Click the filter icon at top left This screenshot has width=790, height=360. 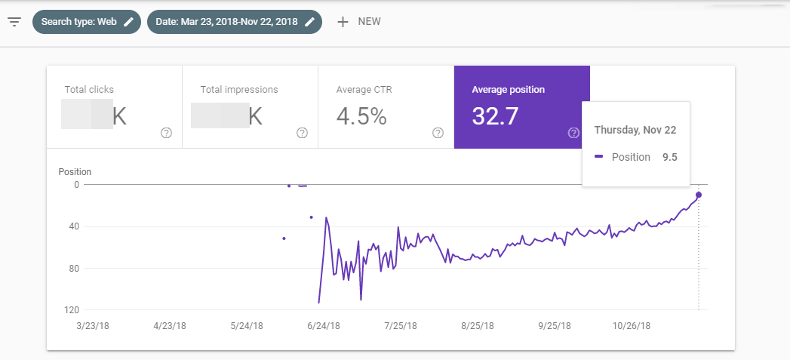14,21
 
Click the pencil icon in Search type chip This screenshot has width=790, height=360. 129,22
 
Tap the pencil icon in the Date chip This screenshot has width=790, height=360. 309,22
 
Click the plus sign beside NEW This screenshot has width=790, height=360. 343,22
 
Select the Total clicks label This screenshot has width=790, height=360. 89,90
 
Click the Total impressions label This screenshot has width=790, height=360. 238,90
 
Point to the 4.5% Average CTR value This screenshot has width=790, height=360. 361,116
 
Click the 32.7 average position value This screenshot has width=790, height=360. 495,116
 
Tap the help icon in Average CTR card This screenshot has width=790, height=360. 438,133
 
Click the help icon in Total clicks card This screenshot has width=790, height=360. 166,133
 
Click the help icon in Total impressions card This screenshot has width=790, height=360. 302,133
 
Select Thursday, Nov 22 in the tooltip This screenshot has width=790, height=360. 635,130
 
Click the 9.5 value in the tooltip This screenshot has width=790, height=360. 669,157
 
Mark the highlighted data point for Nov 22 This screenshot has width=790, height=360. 699,195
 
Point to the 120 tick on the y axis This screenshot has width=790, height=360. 72,310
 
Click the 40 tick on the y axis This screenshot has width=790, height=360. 74,226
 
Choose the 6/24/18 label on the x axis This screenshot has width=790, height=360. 323,326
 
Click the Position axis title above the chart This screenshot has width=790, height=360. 74,171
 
